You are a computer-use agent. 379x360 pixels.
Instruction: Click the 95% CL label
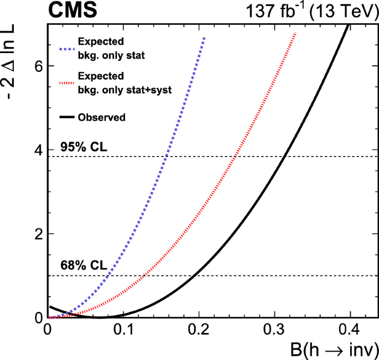click(81, 148)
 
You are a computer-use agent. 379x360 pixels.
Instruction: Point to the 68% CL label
click(81, 267)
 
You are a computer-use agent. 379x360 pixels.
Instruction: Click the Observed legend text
click(102, 117)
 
